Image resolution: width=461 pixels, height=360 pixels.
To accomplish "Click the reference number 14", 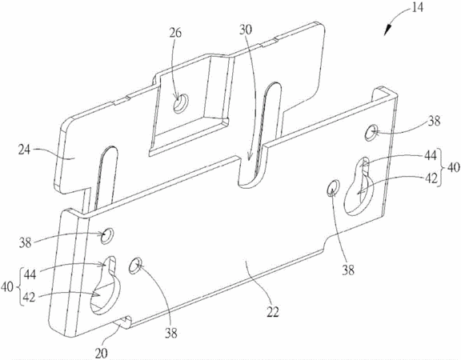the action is tap(417, 8).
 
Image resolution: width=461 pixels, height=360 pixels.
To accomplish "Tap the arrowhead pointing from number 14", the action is tap(387, 30).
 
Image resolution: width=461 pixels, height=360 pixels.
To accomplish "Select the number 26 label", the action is tap(175, 33).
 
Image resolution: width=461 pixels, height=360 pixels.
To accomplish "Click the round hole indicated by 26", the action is tap(180, 104).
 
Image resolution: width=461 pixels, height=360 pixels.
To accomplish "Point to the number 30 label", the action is tap(246, 30).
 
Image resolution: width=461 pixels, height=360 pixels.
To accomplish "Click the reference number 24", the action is tap(25, 150).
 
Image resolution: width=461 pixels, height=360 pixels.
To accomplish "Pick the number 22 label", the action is tap(273, 311).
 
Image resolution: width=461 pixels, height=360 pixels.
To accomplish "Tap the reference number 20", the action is tap(101, 354).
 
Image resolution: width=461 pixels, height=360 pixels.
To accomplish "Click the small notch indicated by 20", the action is tap(123, 322).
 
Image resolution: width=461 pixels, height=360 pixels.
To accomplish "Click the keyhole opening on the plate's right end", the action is tap(359, 187).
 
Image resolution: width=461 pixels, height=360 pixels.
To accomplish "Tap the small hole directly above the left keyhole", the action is tap(106, 236).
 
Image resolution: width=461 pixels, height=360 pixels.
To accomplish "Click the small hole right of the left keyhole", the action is tap(135, 266).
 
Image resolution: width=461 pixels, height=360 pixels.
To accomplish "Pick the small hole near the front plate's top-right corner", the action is tap(371, 132).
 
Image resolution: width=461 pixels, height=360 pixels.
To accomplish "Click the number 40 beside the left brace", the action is tap(7, 287).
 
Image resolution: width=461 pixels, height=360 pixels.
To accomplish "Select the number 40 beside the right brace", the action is tap(453, 168).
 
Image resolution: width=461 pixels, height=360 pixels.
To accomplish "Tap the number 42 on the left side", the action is tap(29, 298).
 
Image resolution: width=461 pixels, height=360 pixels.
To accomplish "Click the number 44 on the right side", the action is tap(431, 156).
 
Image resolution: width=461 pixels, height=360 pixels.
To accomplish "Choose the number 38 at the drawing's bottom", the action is tap(170, 334).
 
